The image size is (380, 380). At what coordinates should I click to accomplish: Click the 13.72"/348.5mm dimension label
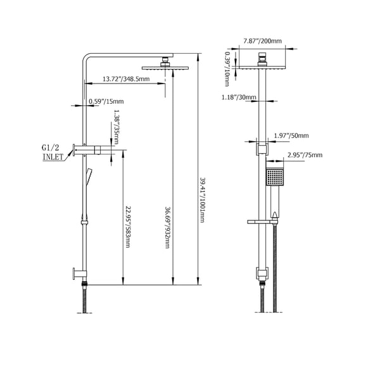coord(126,79)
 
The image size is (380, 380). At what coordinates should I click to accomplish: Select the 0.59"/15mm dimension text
coord(106,101)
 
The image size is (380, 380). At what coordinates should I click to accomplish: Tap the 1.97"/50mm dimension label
coord(292,136)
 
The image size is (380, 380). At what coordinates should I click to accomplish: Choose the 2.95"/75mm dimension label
coord(305,155)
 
